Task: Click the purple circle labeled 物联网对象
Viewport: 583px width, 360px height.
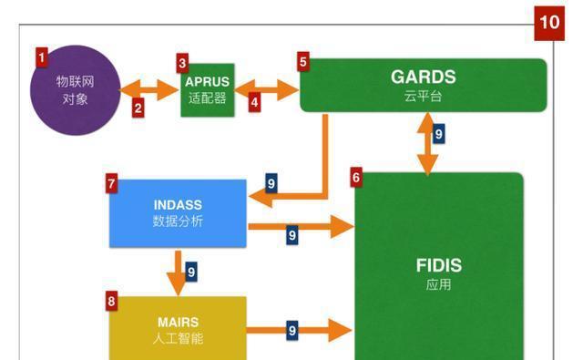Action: [76, 88]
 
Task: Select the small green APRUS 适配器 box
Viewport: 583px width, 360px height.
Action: [208, 89]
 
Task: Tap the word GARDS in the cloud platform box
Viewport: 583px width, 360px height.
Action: [423, 77]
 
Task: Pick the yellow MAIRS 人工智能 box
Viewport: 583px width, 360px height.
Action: [178, 329]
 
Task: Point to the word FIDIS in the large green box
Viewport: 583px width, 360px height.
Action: [438, 266]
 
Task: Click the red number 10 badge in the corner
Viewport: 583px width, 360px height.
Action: [551, 22]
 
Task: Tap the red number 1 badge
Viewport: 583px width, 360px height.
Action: [41, 57]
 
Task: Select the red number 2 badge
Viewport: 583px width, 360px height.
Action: [138, 108]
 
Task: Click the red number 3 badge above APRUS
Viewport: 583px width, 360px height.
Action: [183, 63]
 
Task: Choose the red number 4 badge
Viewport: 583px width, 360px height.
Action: [254, 103]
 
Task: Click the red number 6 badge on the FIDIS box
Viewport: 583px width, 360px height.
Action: [356, 178]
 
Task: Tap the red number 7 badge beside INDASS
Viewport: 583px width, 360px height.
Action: [111, 184]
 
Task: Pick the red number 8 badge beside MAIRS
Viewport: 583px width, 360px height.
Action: [111, 300]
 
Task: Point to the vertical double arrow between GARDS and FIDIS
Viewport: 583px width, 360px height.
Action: [424, 143]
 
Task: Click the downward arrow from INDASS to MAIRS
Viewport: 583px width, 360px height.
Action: [177, 273]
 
